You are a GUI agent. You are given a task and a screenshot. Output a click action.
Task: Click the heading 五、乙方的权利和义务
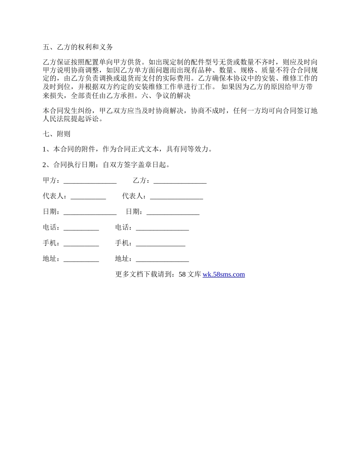78,47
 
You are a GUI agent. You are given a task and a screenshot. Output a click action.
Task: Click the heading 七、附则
56,134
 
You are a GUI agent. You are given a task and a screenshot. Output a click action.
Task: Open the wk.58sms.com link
224,274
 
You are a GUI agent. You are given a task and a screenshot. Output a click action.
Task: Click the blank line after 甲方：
90,181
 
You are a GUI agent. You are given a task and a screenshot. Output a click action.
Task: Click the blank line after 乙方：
180,181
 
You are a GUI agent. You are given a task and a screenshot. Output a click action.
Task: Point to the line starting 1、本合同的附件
127,149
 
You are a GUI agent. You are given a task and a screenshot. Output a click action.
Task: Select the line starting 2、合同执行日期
106,165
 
